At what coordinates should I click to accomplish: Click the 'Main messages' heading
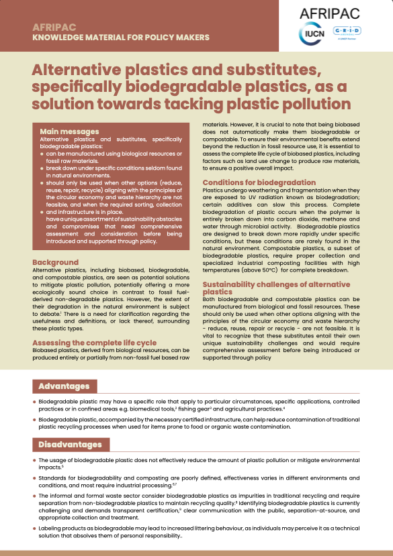pyautogui.click(x=69, y=131)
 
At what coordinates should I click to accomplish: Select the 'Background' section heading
pyautogui.click(x=56, y=262)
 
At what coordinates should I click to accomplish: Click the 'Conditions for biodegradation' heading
pyautogui.click(x=259, y=182)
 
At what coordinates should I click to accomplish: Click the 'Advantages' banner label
pyautogui.click(x=64, y=386)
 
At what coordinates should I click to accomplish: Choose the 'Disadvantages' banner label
pyautogui.click(x=70, y=444)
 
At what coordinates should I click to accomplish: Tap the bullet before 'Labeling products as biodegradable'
pyautogui.click(x=35, y=529)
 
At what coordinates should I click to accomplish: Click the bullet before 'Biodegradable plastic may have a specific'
pyautogui.click(x=35, y=402)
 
